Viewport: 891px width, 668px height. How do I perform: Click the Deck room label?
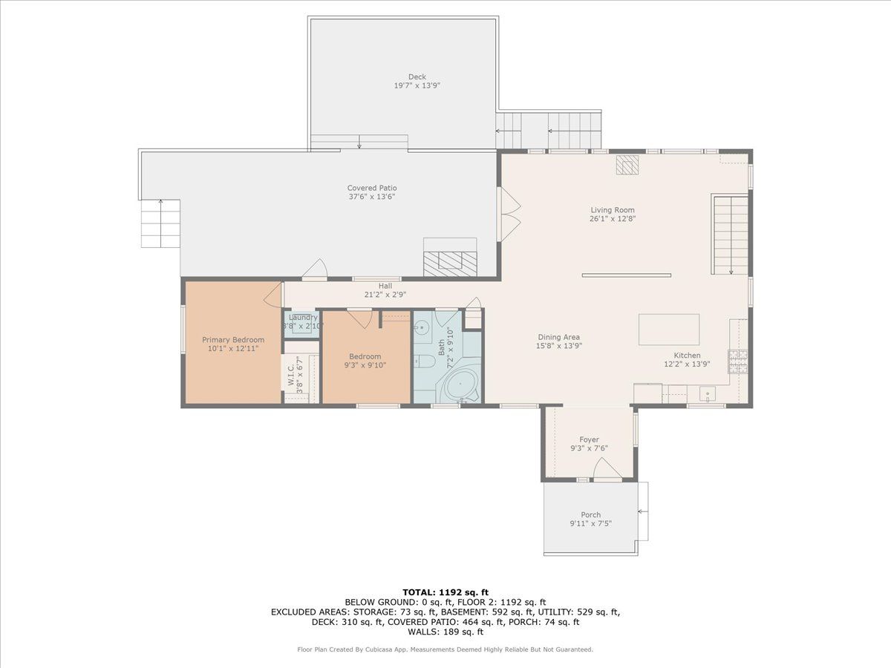point(417,76)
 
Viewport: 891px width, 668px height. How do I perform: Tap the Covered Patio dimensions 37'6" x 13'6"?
point(372,197)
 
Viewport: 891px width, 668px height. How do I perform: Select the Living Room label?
point(612,210)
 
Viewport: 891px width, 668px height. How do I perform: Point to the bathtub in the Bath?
point(461,384)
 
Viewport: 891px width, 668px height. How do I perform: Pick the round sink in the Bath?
point(422,326)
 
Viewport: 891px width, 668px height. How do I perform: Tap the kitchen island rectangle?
point(669,330)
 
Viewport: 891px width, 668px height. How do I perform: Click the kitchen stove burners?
point(738,361)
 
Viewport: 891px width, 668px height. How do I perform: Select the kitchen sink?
point(707,394)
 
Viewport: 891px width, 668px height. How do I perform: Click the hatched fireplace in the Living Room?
point(627,165)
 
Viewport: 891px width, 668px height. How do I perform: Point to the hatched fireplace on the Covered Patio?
point(450,263)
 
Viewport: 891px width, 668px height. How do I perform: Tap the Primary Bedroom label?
point(233,340)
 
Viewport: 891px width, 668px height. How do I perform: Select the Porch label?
point(590,514)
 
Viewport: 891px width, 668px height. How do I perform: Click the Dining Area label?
point(558,337)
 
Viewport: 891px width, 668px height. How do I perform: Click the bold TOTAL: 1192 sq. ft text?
point(446,592)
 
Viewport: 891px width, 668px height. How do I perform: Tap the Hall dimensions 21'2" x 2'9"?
point(385,295)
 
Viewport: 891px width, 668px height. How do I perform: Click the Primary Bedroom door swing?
point(272,295)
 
